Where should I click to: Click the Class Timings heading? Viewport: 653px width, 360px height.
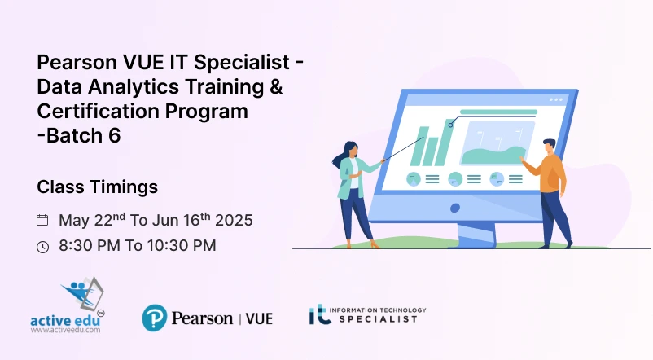click(98, 187)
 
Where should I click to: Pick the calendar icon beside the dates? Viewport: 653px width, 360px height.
click(43, 220)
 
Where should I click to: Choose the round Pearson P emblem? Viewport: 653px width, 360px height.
click(155, 318)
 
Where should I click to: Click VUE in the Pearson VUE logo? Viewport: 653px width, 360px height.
click(259, 318)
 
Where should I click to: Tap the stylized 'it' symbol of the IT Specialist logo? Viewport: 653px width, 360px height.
click(318, 315)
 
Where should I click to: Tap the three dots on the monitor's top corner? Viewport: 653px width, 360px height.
click(556, 99)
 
